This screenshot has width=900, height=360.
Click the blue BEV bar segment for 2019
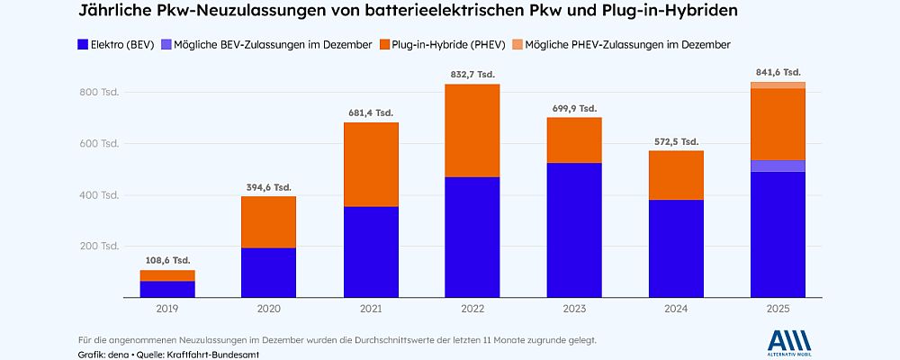167,289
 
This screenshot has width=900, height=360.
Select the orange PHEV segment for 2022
472,130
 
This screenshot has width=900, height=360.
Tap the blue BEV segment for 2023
574,229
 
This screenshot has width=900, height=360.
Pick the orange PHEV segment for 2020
269,221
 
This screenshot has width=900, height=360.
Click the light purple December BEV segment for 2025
778,166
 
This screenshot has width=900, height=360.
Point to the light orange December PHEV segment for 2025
778,85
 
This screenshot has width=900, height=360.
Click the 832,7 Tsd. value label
472,74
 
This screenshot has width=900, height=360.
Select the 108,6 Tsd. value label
167,259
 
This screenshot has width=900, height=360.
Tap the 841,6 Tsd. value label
778,72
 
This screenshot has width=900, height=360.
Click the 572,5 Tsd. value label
676,141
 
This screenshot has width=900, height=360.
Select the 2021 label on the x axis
371,309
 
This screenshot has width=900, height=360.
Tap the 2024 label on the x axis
676,309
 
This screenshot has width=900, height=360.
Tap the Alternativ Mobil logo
790,343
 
